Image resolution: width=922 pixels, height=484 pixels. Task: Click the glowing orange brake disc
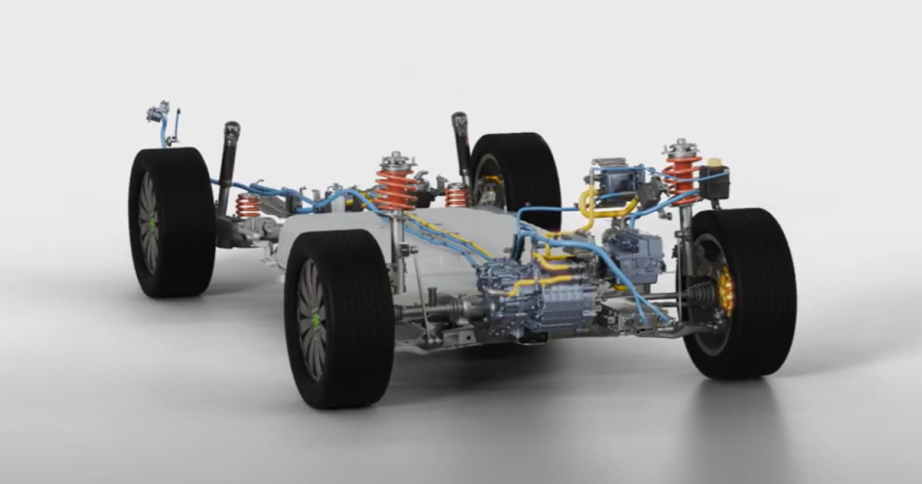click(x=725, y=290)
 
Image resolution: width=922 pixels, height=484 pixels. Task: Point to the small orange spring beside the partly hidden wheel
click(x=456, y=195)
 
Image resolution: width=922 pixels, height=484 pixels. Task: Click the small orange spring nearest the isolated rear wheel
click(x=247, y=206)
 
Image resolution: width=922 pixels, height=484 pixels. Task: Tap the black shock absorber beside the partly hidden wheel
click(x=461, y=146)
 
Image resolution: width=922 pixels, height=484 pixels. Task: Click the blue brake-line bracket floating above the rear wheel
click(x=161, y=115)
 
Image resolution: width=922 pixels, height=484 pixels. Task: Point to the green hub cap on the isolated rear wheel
click(x=153, y=223)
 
